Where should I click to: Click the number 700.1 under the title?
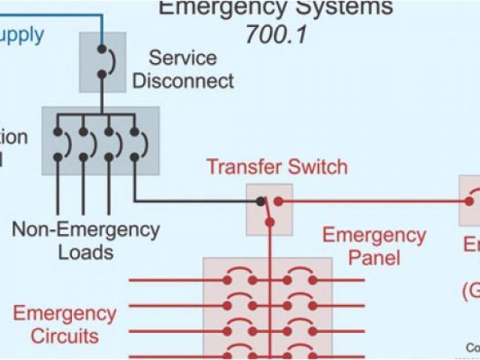[275, 34]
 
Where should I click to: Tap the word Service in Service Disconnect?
[182, 58]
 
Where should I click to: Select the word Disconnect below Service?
[182, 80]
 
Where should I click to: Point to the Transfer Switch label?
[277, 166]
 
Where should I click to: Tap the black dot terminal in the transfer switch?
[260, 202]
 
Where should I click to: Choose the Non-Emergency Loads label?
[85, 240]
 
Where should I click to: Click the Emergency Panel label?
[373, 246]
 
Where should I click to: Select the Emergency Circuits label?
[64, 324]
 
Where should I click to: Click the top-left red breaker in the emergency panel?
[239, 278]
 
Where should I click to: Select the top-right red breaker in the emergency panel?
[299, 278]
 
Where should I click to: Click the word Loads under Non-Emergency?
[85, 252]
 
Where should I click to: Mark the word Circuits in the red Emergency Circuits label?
[64, 335]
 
